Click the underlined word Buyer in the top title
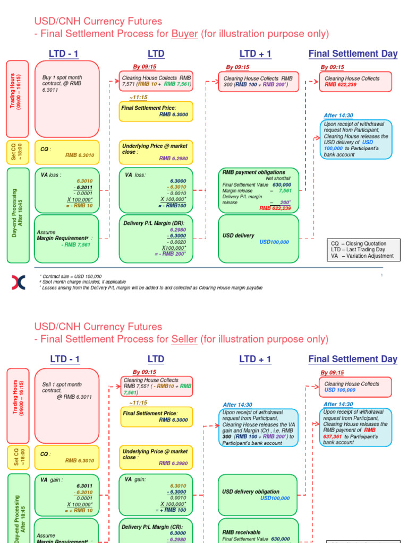point(184,34)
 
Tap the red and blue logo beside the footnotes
point(18,283)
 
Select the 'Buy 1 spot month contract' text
point(62,83)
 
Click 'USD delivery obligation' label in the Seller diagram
point(250,492)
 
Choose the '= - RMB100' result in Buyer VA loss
point(172,205)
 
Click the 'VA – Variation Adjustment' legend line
point(362,256)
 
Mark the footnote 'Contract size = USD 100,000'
point(72,276)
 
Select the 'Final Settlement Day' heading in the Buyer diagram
point(353,54)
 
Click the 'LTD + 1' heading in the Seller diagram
point(255,360)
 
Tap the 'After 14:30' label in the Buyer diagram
point(338,116)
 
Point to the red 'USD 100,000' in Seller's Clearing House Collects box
point(340,390)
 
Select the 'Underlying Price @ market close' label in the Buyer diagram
point(155,149)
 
